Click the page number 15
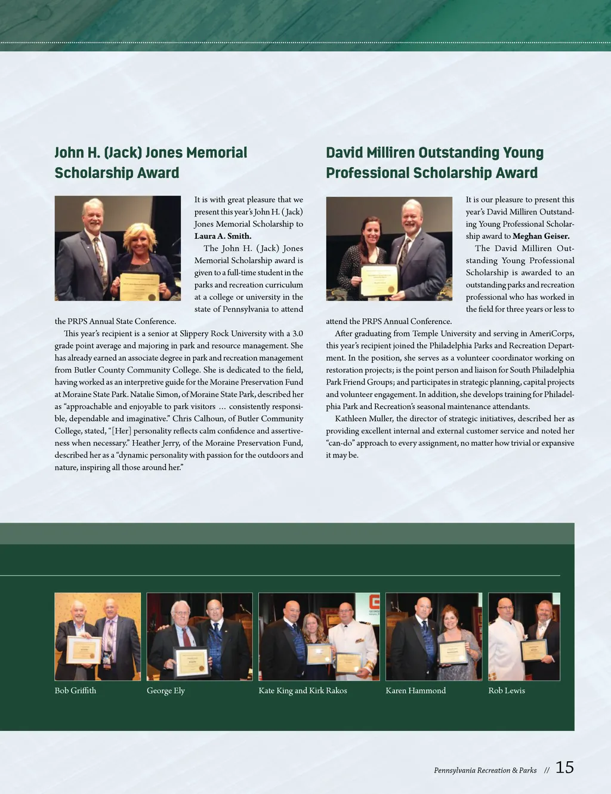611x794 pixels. pyautogui.click(x=564, y=768)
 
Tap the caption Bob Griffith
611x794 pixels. pyautogui.click(x=75, y=691)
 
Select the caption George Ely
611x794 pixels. pyautogui.click(x=166, y=691)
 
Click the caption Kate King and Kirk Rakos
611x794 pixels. pyautogui.click(x=303, y=691)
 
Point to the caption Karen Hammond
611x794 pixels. pyautogui.click(x=415, y=691)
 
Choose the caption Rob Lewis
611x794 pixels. pyautogui.click(x=507, y=691)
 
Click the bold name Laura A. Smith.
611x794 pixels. pyautogui.click(x=223, y=236)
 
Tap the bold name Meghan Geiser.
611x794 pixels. pyautogui.click(x=541, y=236)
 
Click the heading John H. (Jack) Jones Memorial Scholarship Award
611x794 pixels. pyautogui.click(x=150, y=162)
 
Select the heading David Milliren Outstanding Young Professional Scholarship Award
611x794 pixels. pyautogui.click(x=434, y=162)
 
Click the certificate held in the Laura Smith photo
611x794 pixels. pyautogui.click(x=140, y=287)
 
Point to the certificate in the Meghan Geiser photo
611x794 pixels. pyautogui.click(x=379, y=280)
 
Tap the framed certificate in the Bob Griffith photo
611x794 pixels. pyautogui.click(x=84, y=650)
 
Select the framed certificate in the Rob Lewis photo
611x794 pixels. pyautogui.click(x=534, y=650)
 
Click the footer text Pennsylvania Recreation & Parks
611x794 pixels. pyautogui.click(x=485, y=771)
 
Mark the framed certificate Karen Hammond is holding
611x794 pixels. pyautogui.click(x=453, y=653)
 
